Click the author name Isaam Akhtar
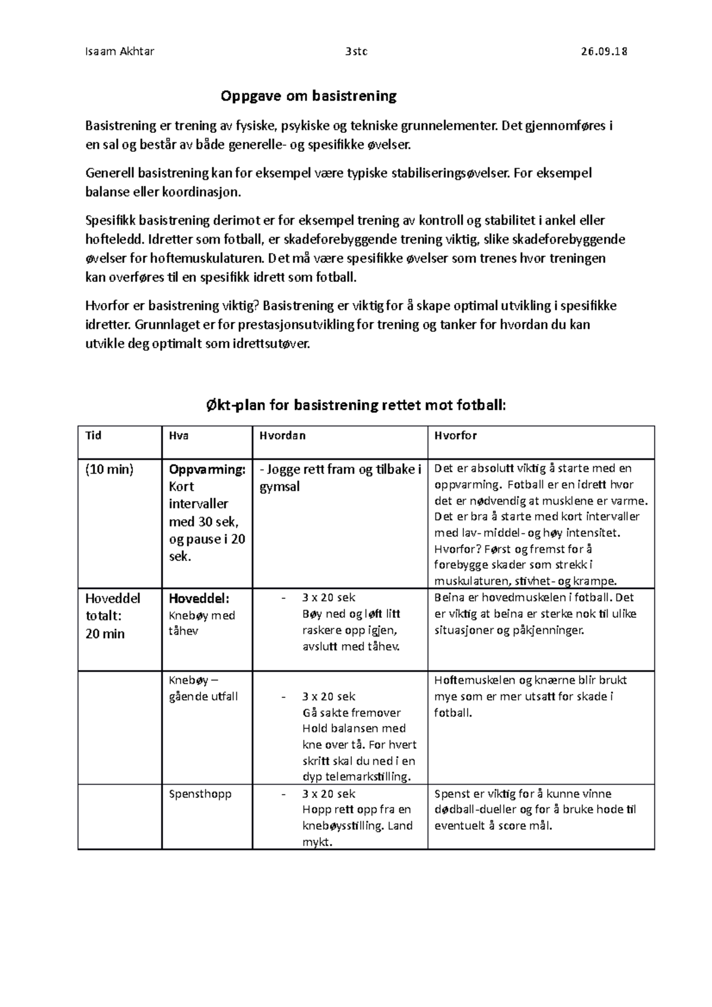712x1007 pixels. (x=120, y=51)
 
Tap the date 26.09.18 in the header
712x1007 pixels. (x=604, y=51)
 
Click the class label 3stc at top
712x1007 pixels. (x=356, y=51)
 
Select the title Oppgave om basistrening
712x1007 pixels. (x=309, y=95)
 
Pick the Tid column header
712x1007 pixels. (x=94, y=435)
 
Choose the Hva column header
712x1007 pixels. (x=179, y=435)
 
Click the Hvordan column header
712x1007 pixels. (x=282, y=435)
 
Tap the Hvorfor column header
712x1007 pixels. (x=455, y=435)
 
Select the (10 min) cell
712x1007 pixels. (x=110, y=470)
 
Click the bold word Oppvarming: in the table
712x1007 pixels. (x=207, y=470)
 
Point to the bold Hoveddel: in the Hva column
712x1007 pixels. (x=199, y=598)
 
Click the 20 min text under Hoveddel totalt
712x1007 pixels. (x=105, y=633)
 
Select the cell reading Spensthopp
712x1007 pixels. (x=200, y=794)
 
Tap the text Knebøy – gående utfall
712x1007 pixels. (x=203, y=689)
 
